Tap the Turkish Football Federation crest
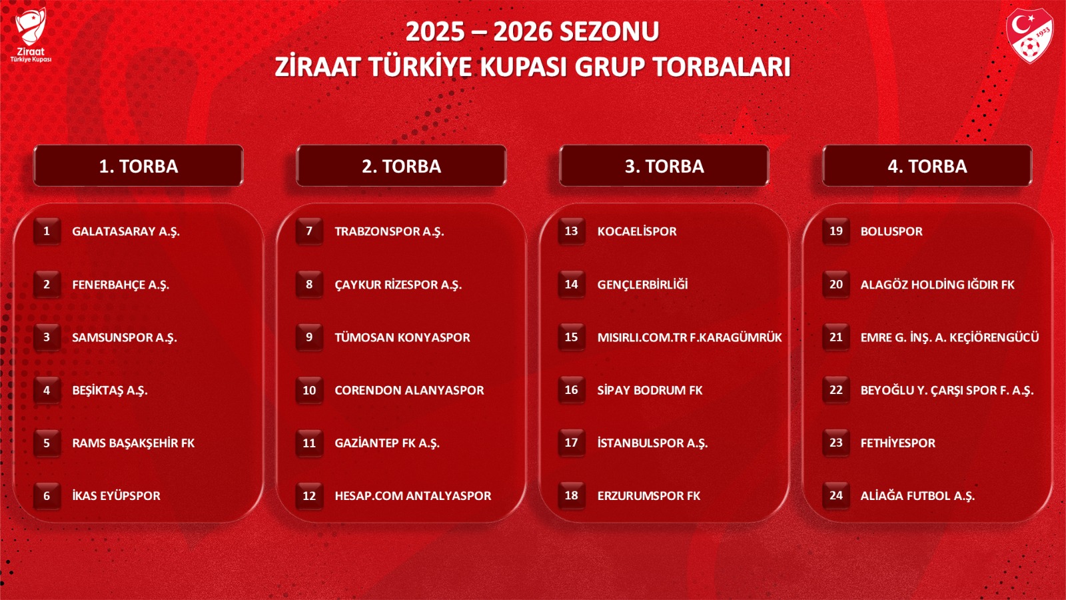pos(1029,35)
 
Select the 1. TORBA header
pos(139,166)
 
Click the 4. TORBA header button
pos(927,166)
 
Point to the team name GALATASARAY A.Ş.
pos(126,231)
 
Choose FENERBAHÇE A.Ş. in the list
pos(121,285)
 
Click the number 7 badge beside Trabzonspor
pos(309,231)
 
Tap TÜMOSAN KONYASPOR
pos(402,337)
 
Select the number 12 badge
pos(309,496)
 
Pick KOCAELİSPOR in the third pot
pos(637,231)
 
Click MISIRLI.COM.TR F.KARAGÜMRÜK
pos(690,337)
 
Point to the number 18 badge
pos(572,496)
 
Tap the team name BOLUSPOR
pos(891,231)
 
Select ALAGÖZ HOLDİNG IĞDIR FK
pos(937,285)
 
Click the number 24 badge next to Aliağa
pos(836,496)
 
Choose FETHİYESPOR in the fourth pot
pos(897,443)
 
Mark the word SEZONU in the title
pos(609,31)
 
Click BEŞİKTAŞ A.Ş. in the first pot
pos(110,391)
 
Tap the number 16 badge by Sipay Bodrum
pos(572,390)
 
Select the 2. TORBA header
pos(401,166)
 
